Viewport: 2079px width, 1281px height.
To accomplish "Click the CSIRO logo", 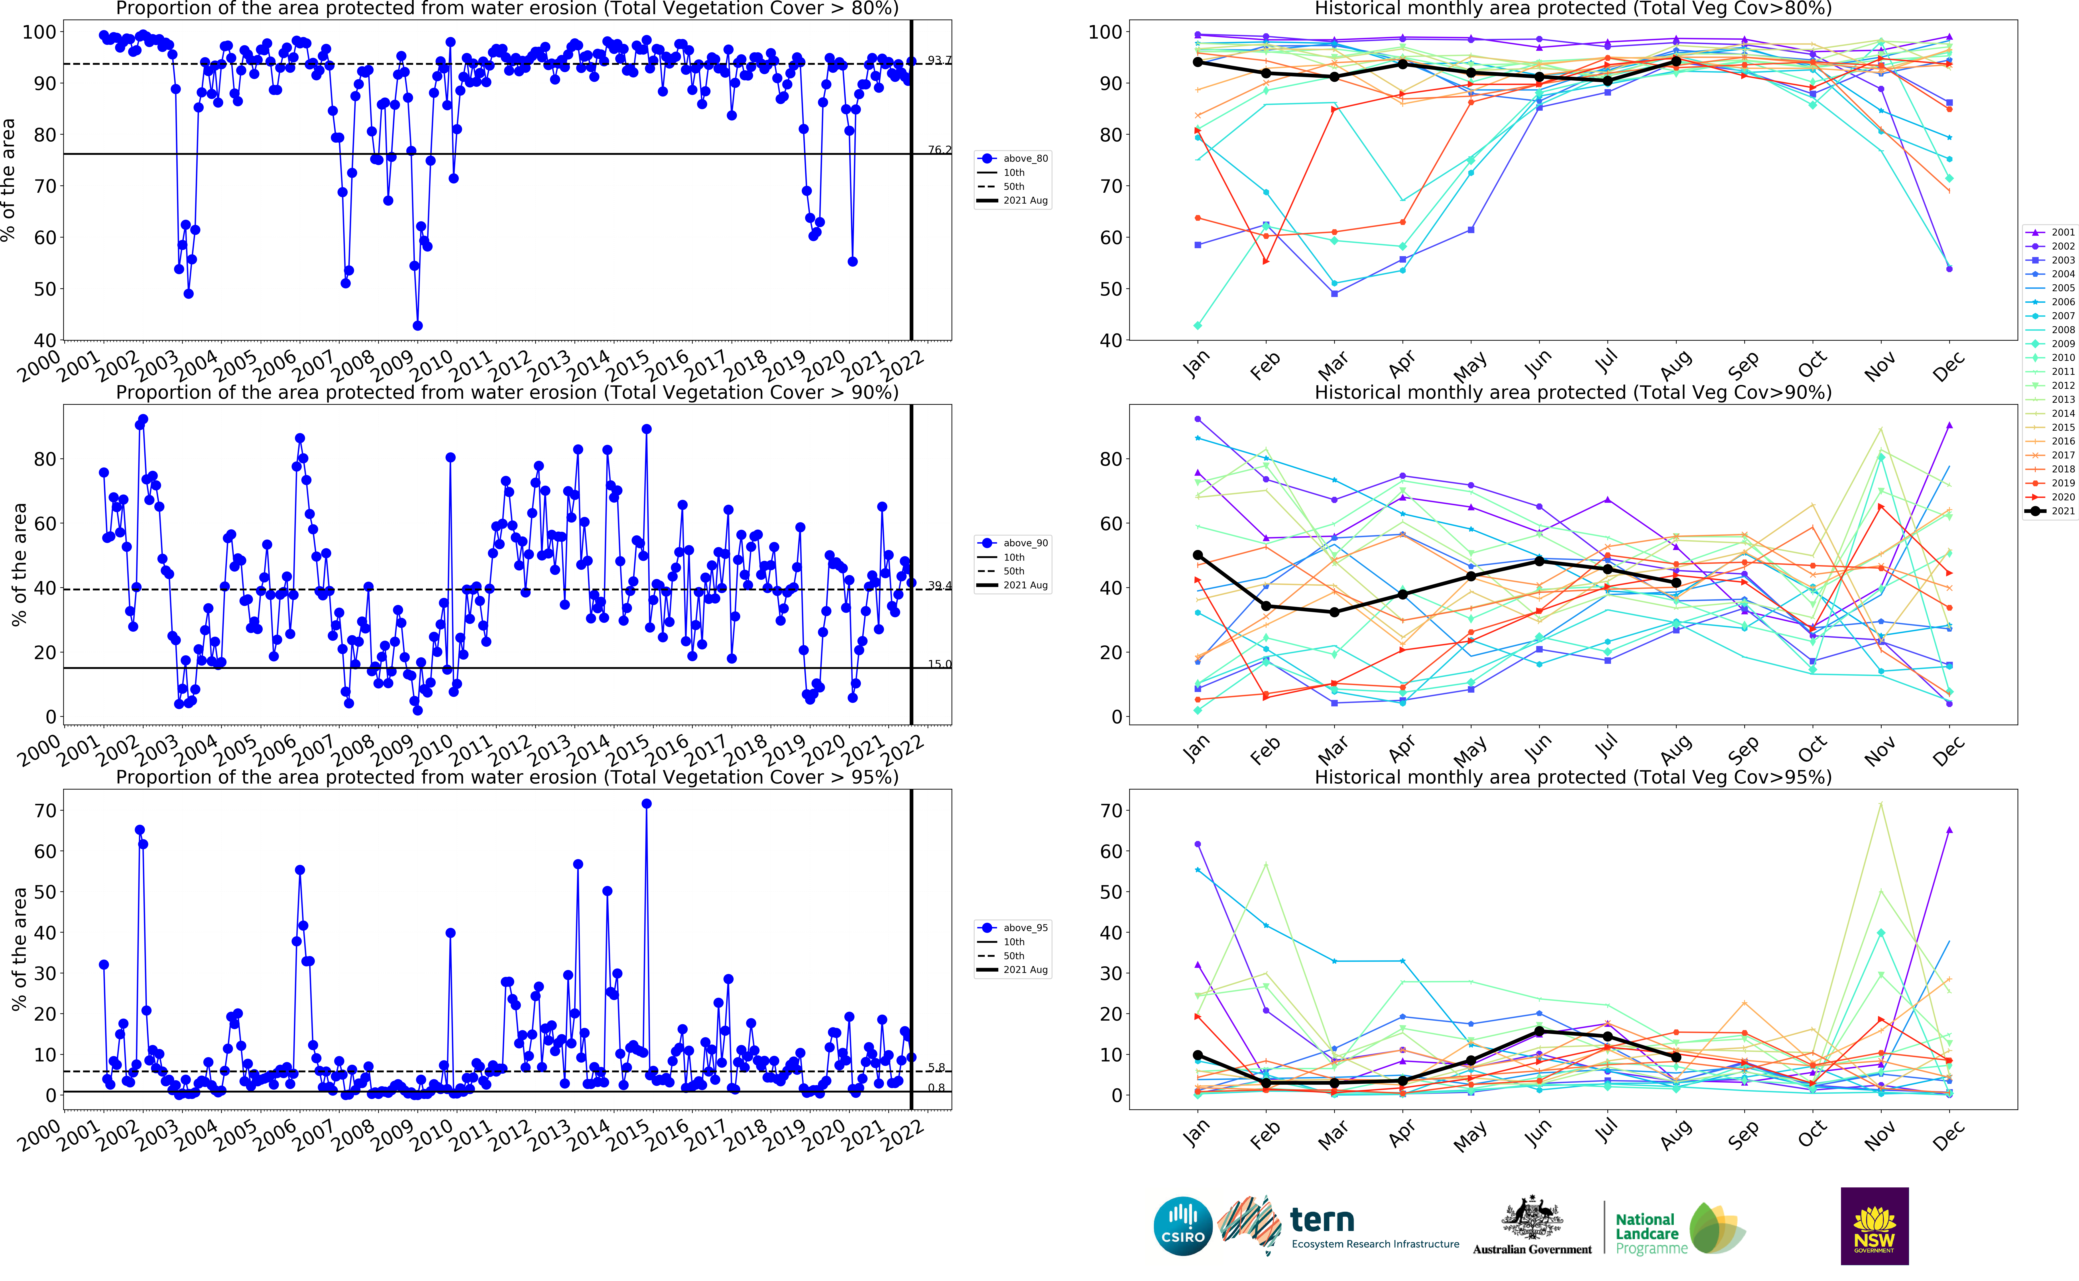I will point(1183,1226).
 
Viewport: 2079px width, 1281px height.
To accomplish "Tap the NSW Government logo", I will point(1874,1226).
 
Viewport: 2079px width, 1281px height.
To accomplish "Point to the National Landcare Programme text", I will point(1650,1234).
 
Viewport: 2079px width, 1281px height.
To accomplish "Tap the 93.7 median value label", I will point(939,60).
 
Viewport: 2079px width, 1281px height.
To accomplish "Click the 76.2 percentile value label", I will point(939,150).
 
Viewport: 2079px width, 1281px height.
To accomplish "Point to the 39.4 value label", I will point(939,585).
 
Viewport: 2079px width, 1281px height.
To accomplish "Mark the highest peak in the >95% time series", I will point(646,803).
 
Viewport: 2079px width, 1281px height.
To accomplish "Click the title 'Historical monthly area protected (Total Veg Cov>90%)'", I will point(1572,392).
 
